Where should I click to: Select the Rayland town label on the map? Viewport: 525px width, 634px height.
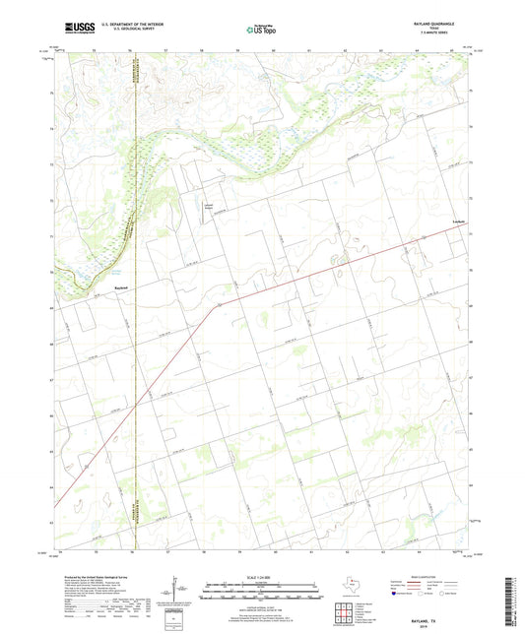coord(95,287)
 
